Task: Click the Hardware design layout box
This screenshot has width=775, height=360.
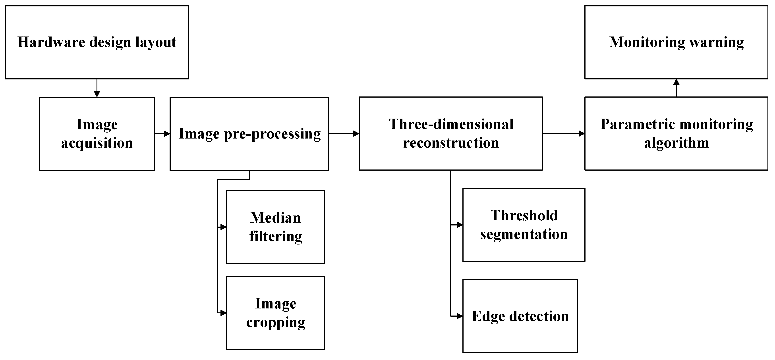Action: tap(97, 42)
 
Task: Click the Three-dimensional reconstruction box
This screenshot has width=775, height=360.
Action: tap(450, 133)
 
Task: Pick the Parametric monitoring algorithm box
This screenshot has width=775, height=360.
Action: tap(676, 133)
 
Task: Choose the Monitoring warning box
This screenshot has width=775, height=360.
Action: tap(676, 42)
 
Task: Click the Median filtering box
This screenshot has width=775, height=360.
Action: tap(275, 227)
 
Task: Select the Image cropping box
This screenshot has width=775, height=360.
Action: tap(275, 313)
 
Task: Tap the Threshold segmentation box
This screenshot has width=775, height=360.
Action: tap(524, 225)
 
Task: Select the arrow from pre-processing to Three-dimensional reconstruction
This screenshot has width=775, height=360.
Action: tap(344, 133)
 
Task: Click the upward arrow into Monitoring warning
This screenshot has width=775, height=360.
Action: tap(676, 88)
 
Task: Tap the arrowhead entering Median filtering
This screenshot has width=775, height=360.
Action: tap(223, 227)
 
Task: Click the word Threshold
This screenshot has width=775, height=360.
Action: tap(524, 216)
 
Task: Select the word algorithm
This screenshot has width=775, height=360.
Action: tap(676, 143)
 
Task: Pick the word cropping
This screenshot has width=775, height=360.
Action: tap(276, 322)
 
